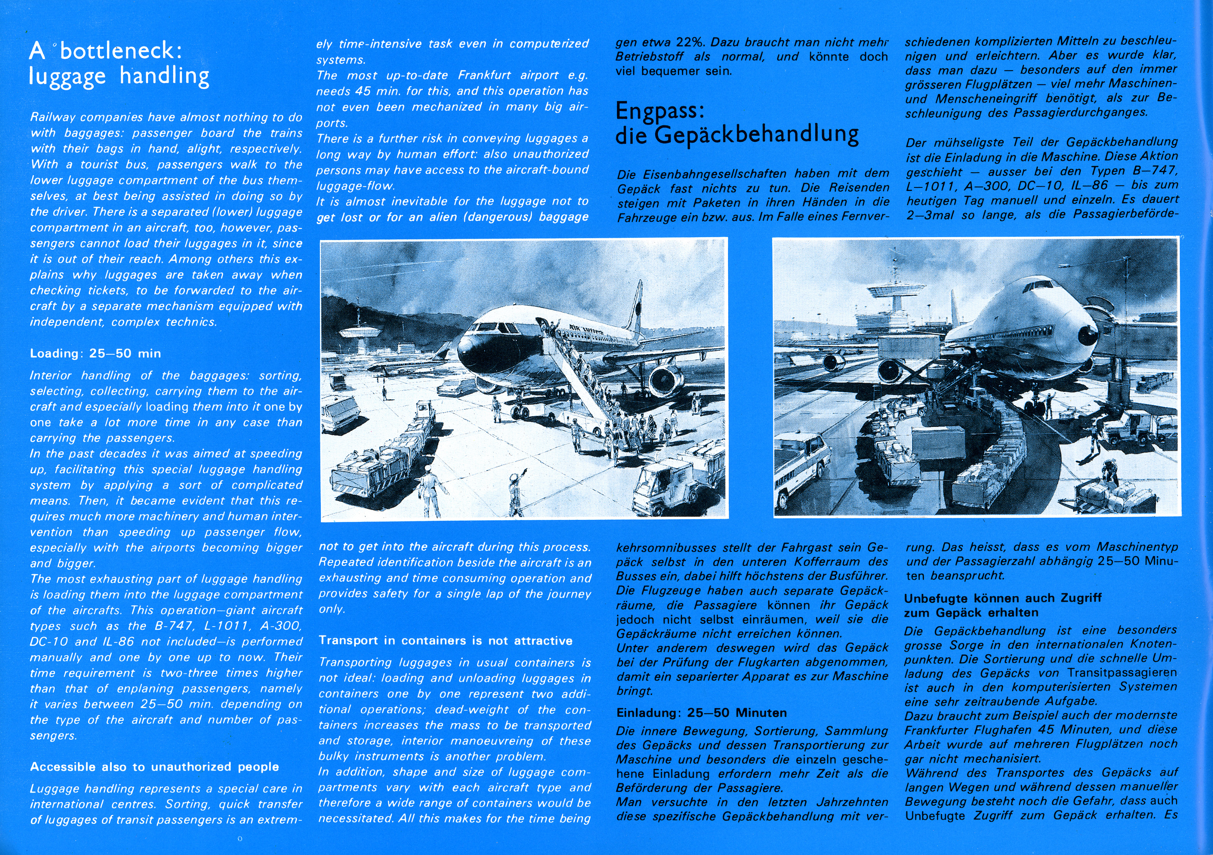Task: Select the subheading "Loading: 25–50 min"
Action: tap(96, 354)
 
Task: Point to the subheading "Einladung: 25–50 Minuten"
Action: tap(701, 713)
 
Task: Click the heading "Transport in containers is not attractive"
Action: tap(445, 640)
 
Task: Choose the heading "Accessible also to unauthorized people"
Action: tap(154, 767)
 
